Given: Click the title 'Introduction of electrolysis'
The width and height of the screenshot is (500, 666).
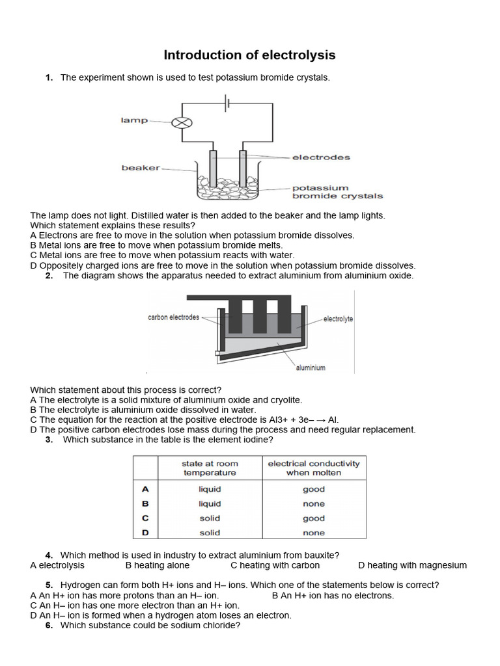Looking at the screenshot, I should pos(249,55).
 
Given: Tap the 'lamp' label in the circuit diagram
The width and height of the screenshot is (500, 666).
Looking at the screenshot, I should pos(135,120).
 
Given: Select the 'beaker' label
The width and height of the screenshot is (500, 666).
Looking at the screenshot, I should pos(141,168).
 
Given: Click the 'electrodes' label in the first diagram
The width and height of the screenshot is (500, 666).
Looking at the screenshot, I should pos(321,157).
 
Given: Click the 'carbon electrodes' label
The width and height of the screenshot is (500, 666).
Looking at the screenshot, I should pos(174,317).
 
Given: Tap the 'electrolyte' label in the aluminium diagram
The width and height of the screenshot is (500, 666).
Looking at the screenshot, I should pos(338,319).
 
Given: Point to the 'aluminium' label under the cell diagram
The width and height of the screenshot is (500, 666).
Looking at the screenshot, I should pos(311,367).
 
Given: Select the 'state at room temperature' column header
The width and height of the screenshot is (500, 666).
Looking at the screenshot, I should pos(210,468).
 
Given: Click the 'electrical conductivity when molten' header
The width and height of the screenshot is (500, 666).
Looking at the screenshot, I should pos(314,468).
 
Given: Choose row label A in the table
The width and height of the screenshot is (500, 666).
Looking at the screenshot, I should pos(145,489).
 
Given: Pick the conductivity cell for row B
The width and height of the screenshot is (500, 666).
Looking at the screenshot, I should pos(314,504).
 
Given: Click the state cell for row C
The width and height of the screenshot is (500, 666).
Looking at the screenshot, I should pos(210,518).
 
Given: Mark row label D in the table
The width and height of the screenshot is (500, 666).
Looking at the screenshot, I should pos(145,533).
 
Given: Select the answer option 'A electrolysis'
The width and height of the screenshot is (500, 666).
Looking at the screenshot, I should pos(57,565).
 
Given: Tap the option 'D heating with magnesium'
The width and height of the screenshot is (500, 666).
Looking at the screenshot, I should pos(412,565).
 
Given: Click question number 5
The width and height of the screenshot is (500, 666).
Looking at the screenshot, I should pos(49,585).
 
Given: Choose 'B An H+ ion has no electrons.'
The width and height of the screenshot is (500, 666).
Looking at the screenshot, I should pos(333,595).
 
